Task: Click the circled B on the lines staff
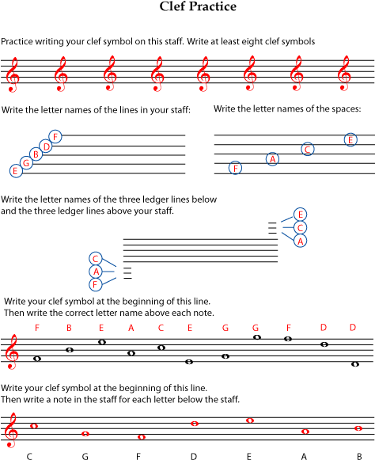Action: pyautogui.click(x=37, y=154)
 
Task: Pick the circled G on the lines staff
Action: pyautogui.click(x=26, y=162)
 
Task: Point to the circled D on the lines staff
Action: pyautogui.click(x=47, y=146)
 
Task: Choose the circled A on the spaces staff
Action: pyautogui.click(x=273, y=159)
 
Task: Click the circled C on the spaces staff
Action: pyautogui.click(x=309, y=149)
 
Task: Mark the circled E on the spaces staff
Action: pyautogui.click(x=350, y=140)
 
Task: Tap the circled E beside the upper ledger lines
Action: pyautogui.click(x=300, y=214)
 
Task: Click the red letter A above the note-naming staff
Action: pyautogui.click(x=131, y=327)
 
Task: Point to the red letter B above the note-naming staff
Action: pyautogui.click(x=70, y=327)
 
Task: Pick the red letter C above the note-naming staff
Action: pyautogui.click(x=161, y=327)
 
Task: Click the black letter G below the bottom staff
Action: pyautogui.click(x=85, y=456)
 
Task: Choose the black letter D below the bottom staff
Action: pyautogui.click(x=193, y=456)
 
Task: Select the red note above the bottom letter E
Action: pyautogui.click(x=250, y=420)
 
